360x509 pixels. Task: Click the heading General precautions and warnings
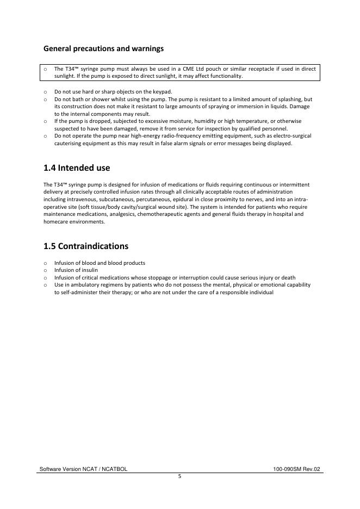point(103,49)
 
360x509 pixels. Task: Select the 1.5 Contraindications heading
point(86,246)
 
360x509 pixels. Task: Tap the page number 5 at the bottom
point(179,476)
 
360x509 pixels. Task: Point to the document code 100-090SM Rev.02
point(297,469)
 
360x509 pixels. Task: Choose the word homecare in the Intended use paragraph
point(57,221)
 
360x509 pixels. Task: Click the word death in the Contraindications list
point(288,277)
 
